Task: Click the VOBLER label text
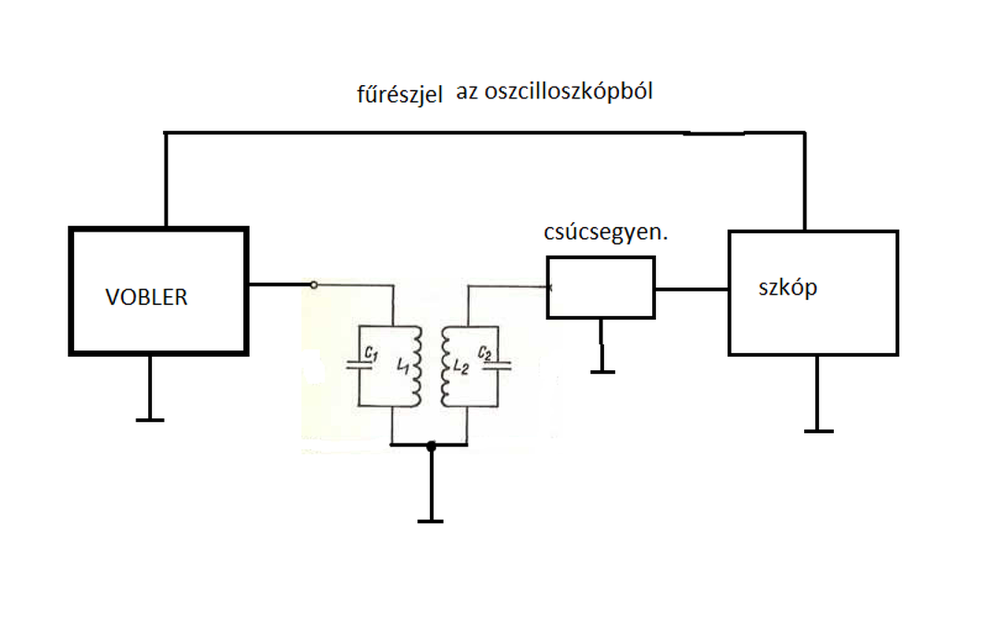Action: pyautogui.click(x=146, y=297)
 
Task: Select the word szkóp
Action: pyautogui.click(x=787, y=288)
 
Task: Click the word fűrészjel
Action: pyautogui.click(x=400, y=96)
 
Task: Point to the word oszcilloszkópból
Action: pyautogui.click(x=575, y=91)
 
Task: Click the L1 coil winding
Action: pyautogui.click(x=417, y=366)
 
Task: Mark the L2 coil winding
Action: pyautogui.click(x=446, y=366)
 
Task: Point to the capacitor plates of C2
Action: pyautogui.click(x=498, y=365)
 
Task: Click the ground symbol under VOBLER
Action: pyautogui.click(x=150, y=420)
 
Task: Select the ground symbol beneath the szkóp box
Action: pyautogui.click(x=818, y=431)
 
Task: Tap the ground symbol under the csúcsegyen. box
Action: pyautogui.click(x=602, y=371)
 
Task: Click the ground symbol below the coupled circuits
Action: pyautogui.click(x=430, y=521)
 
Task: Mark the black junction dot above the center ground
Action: pyautogui.click(x=430, y=446)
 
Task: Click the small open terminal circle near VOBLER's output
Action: pyautogui.click(x=314, y=284)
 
